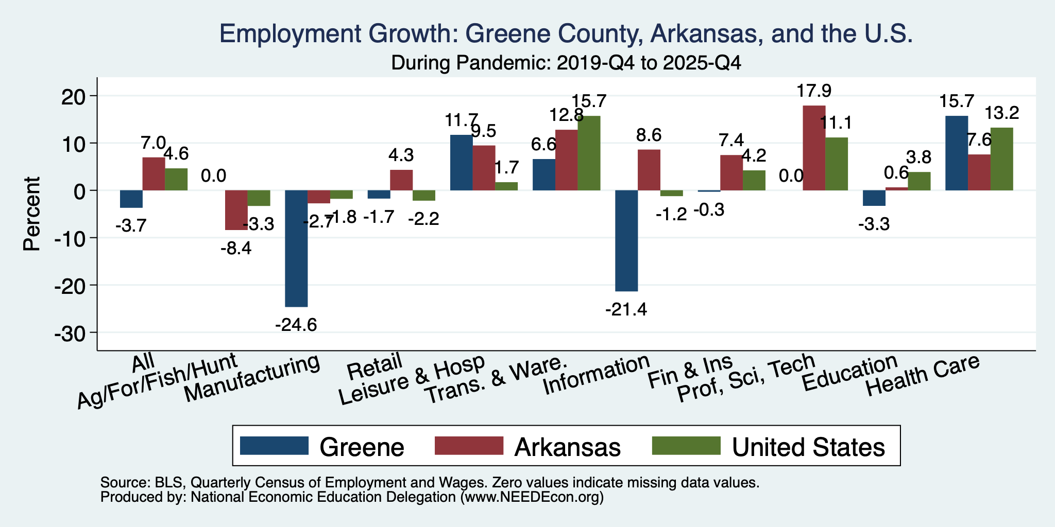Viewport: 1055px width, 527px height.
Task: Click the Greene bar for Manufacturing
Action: (296, 249)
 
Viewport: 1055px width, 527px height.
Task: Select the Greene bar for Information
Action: (626, 241)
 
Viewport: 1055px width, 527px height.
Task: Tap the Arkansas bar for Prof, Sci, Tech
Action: (814, 148)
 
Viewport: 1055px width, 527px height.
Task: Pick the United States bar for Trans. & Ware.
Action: (589, 153)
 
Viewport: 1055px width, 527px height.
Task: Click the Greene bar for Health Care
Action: (957, 153)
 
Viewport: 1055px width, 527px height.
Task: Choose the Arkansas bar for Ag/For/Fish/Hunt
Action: (236, 210)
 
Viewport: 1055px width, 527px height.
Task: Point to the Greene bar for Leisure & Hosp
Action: (462, 163)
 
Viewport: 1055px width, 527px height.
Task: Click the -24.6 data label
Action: (296, 325)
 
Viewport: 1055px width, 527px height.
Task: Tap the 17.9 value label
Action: (814, 91)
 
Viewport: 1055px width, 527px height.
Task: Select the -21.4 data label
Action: (626, 310)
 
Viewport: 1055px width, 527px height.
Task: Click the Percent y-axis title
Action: (32, 214)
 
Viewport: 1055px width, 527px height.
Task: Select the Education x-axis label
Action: (850, 373)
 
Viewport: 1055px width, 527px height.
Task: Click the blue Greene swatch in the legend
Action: (274, 446)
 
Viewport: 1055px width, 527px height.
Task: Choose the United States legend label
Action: (809, 447)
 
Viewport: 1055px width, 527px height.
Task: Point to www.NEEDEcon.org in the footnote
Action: (531, 498)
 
